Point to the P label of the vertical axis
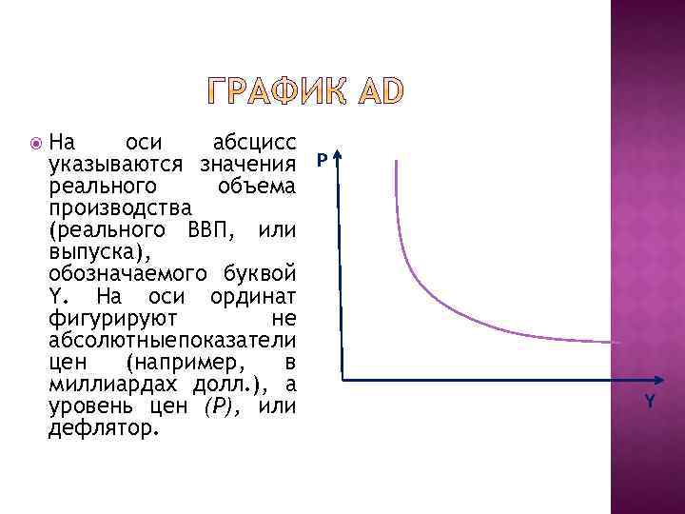323,162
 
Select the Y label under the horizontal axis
650,402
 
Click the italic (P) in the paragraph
219,406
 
